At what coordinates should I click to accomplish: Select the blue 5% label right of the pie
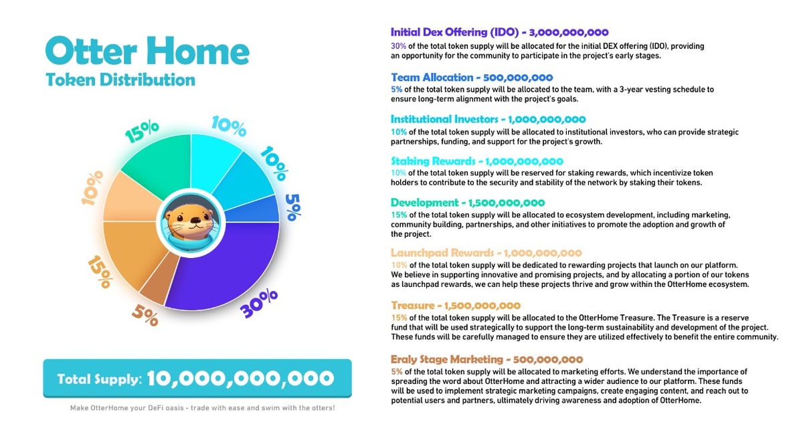(292, 205)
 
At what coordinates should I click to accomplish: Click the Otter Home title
(147, 51)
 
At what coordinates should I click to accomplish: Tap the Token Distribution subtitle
(120, 80)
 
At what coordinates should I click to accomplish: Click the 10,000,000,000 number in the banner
(240, 378)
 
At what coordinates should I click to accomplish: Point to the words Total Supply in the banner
(99, 379)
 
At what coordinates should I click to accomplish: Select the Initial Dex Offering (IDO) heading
(458, 32)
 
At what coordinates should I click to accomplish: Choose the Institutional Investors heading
(444, 120)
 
